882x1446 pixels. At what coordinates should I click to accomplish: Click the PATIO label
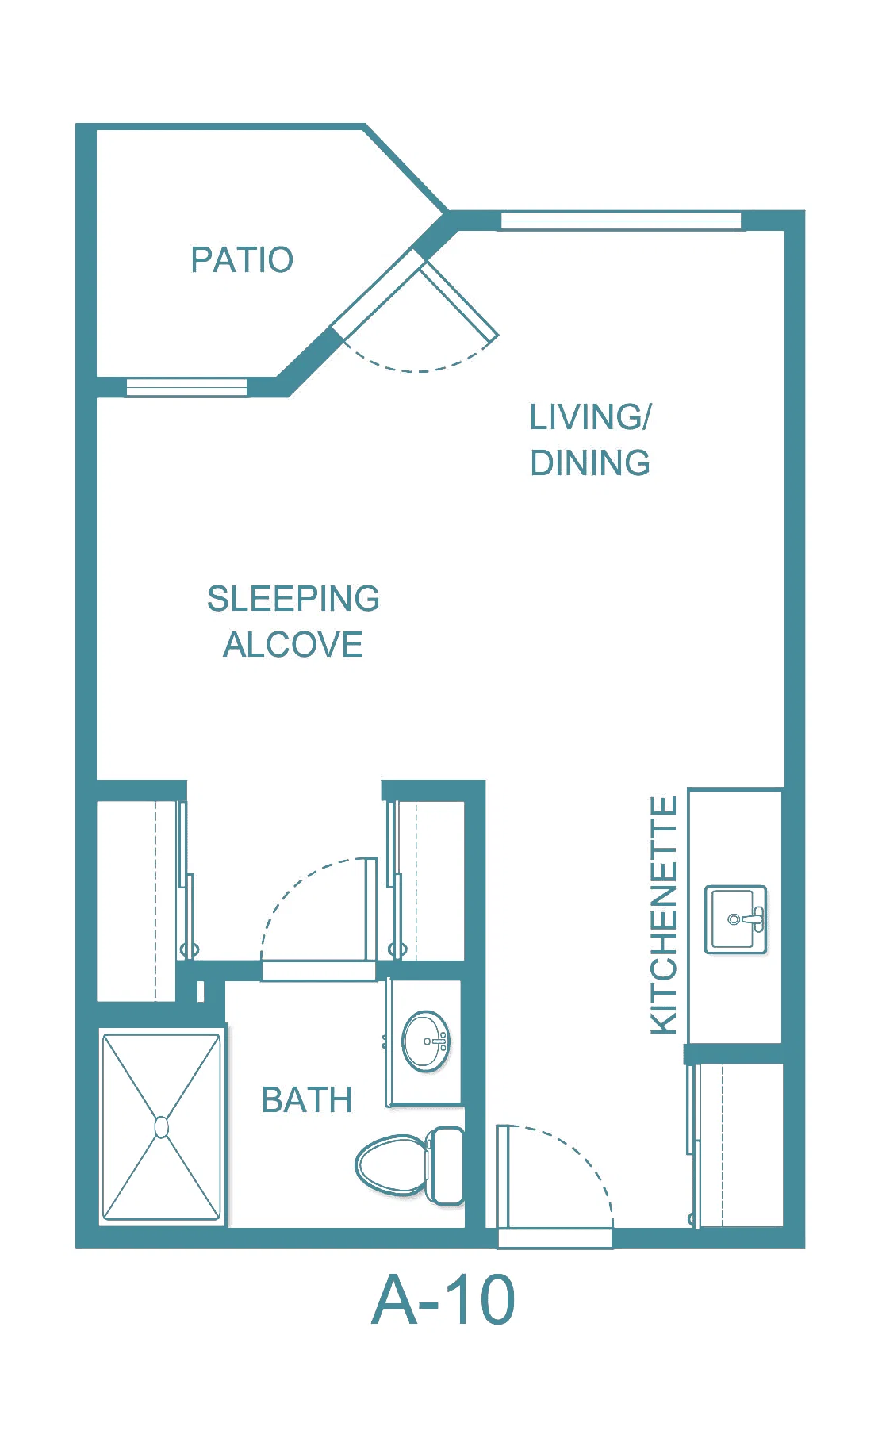coord(242,260)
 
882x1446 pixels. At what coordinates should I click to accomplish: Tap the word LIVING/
coord(590,417)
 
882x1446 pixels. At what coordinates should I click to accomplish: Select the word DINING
coord(590,463)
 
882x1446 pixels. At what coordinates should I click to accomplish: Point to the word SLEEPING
coord(293,599)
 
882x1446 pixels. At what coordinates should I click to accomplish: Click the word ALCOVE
coord(293,645)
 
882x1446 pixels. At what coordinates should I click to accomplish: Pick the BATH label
coord(306,1100)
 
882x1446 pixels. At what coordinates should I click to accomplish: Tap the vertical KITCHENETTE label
coord(664,915)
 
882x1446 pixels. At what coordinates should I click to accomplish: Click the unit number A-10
coord(443,1300)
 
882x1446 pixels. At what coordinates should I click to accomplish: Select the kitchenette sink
coord(736,919)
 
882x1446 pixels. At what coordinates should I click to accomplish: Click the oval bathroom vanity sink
coord(426,1041)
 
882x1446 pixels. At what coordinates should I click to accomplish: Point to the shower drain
coord(162,1127)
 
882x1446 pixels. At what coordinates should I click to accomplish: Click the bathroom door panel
coord(370,909)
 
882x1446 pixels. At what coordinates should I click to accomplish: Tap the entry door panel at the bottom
coord(501,1176)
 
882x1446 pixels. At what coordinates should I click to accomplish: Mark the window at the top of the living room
coord(621,221)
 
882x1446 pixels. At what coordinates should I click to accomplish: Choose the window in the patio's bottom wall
coord(186,387)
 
